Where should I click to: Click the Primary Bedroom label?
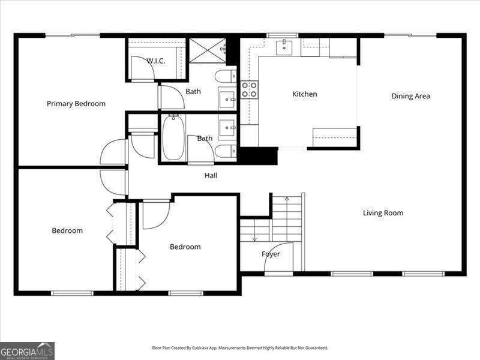76,104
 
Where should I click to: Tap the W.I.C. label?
156,61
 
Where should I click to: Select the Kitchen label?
305,94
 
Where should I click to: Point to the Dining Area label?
410,96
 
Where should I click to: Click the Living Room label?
383,213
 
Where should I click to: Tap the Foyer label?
271,254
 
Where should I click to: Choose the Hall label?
211,176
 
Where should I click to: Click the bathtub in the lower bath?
172,137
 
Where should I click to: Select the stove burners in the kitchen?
249,90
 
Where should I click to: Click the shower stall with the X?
208,50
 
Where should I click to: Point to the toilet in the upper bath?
225,76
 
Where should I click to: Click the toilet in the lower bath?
225,151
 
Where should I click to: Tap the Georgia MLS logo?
27,350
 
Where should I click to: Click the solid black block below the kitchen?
259,155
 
